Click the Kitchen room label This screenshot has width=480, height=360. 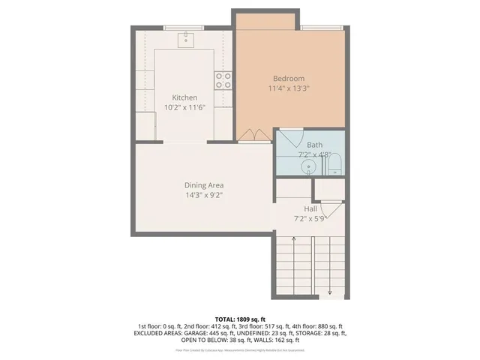coord(184,97)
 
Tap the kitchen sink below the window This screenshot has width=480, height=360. coord(185,40)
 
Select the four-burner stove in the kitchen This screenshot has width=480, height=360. coord(223,79)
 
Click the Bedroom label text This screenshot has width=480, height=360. coord(289,78)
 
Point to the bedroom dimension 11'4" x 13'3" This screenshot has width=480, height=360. coord(289,88)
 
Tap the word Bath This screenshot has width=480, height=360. coord(314,145)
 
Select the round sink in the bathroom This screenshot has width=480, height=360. coord(307,166)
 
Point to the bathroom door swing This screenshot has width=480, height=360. coord(292,137)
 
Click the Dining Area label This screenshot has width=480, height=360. coord(204,185)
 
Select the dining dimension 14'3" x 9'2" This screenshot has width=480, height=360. coord(204,195)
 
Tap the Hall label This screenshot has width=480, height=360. coord(310,208)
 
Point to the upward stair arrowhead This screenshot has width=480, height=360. coord(293,238)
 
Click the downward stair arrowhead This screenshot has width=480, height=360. coord(330,292)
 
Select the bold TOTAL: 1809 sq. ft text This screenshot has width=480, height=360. coord(240,319)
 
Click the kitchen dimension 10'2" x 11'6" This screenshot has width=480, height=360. coord(184,107)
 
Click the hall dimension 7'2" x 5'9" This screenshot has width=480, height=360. coord(310,218)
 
